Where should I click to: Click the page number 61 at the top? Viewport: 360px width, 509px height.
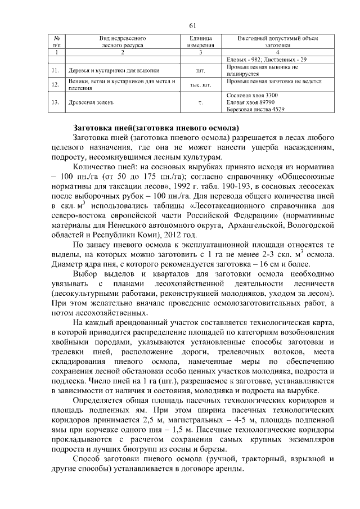(192, 25)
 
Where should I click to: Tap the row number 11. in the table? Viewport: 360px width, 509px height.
(55, 70)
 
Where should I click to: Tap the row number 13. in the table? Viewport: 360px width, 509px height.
(55, 102)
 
